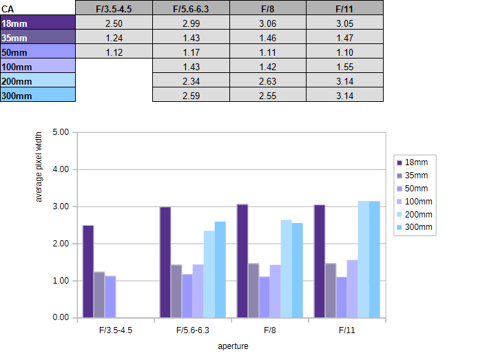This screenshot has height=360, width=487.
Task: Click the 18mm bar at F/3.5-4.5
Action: pos(88,272)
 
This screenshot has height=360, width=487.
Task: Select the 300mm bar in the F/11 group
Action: pos(375,260)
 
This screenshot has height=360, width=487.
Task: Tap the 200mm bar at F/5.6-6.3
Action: pos(209,274)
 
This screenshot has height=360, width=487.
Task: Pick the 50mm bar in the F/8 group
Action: pos(265,297)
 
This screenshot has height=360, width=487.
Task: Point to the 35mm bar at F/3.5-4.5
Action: pos(99,295)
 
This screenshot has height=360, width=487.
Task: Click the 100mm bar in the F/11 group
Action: pos(353,289)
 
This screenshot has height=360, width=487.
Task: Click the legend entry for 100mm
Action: pos(415,202)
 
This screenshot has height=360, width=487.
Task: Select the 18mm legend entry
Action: pos(413,162)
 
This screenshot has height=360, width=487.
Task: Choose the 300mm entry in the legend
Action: pos(415,227)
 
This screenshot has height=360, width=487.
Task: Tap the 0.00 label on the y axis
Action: pos(61,317)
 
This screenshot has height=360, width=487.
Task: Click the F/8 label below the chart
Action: pos(270,330)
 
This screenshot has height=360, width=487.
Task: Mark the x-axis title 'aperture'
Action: pos(233,346)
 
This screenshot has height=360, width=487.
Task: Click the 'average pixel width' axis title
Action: pos(39,167)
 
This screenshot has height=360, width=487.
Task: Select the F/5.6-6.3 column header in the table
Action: pos(191,9)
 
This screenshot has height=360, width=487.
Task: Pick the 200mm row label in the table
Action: pos(38,81)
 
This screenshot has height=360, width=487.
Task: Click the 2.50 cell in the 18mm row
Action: pos(114,23)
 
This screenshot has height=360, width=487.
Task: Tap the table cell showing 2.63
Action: pos(268,81)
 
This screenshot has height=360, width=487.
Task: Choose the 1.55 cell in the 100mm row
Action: pos(344,67)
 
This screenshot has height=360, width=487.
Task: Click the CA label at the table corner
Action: pos(8,10)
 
